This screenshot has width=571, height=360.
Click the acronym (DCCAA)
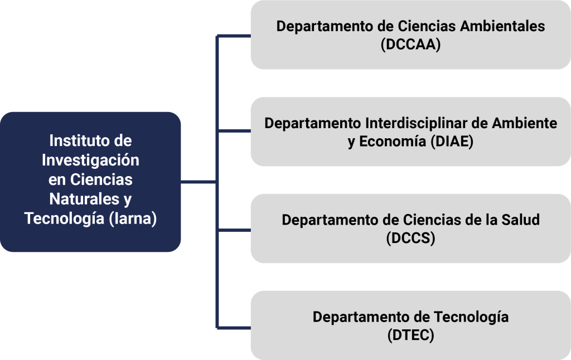coord(410,45)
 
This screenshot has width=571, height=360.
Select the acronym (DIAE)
coord(452,142)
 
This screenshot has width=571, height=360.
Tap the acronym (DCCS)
coord(410,239)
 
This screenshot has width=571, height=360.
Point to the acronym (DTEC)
coord(410,335)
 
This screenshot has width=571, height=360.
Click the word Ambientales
coord(500,26)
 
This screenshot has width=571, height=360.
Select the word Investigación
coord(91,160)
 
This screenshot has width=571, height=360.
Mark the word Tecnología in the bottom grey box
coord(471,317)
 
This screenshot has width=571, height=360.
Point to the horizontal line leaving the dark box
coord(198,182)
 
